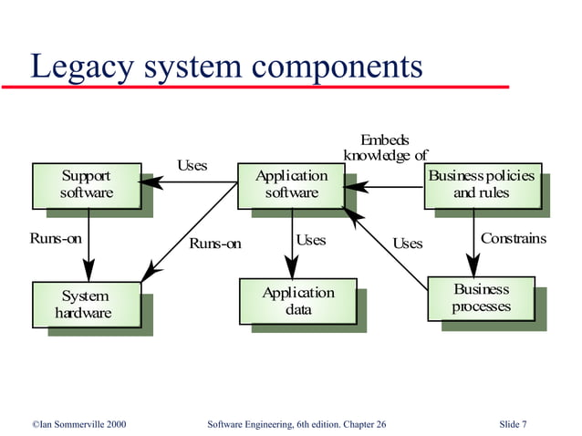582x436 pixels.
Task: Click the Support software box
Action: tap(87, 184)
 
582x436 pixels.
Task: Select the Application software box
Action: tap(291, 184)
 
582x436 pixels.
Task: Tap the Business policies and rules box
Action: tap(482, 184)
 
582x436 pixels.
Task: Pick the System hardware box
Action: tap(86, 304)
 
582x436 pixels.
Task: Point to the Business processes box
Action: tap(481, 298)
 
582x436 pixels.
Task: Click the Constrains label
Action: tap(513, 239)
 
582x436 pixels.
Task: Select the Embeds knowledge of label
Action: tap(385, 148)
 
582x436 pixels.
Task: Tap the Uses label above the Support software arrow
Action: tap(192, 165)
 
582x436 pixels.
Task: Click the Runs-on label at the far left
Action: tap(56, 239)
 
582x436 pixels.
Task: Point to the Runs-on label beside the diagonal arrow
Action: tap(215, 243)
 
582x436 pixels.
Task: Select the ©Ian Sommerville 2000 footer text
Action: tap(78, 424)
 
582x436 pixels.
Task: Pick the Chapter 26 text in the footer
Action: tap(358, 424)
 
